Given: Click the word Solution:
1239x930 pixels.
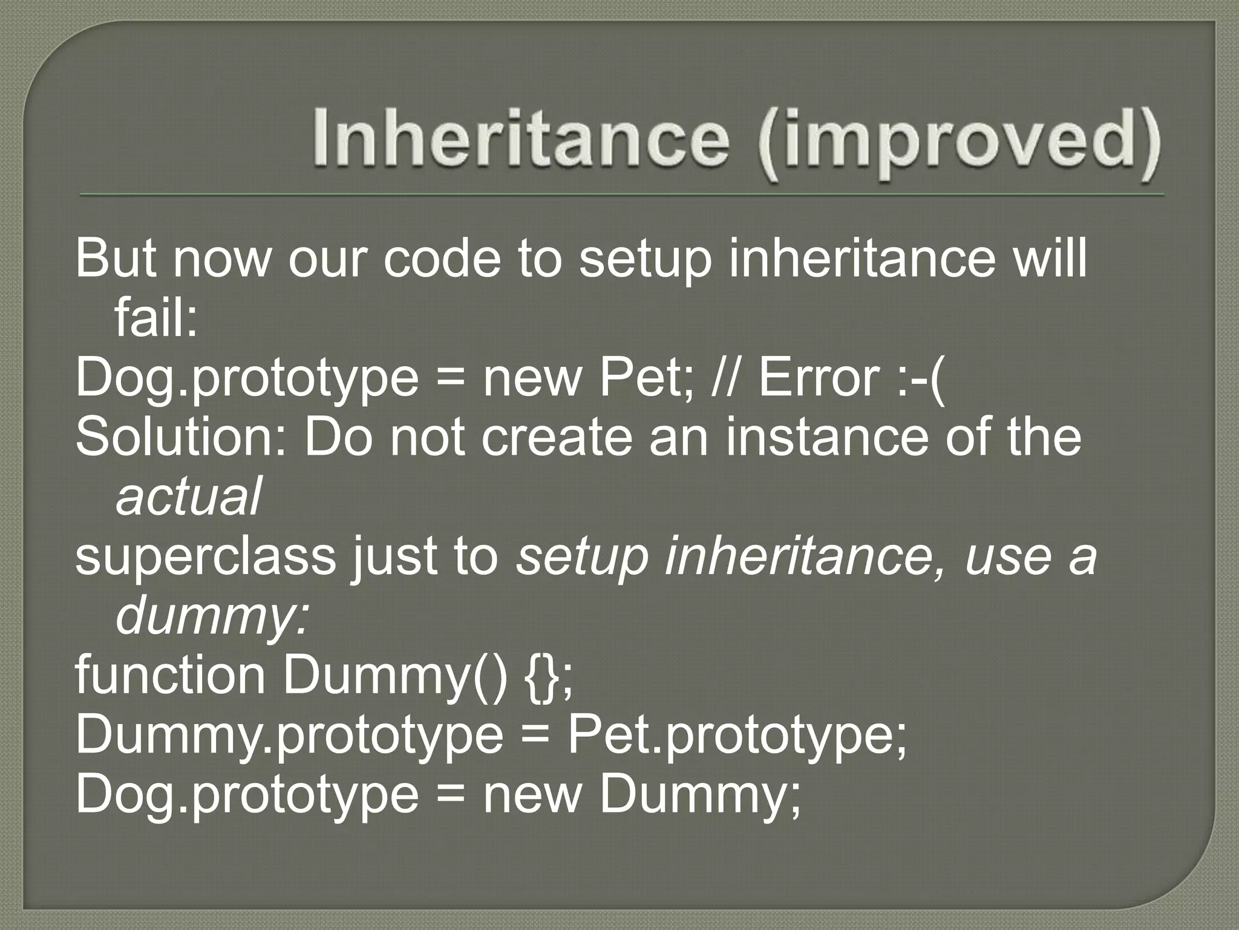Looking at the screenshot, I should pos(181,437).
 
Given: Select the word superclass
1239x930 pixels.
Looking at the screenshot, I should pos(206,556).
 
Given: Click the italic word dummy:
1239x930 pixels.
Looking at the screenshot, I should pos(212,615).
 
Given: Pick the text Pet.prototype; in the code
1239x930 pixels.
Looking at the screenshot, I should pos(736,735).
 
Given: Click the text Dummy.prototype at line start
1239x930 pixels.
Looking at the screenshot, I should pos(289,735).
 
